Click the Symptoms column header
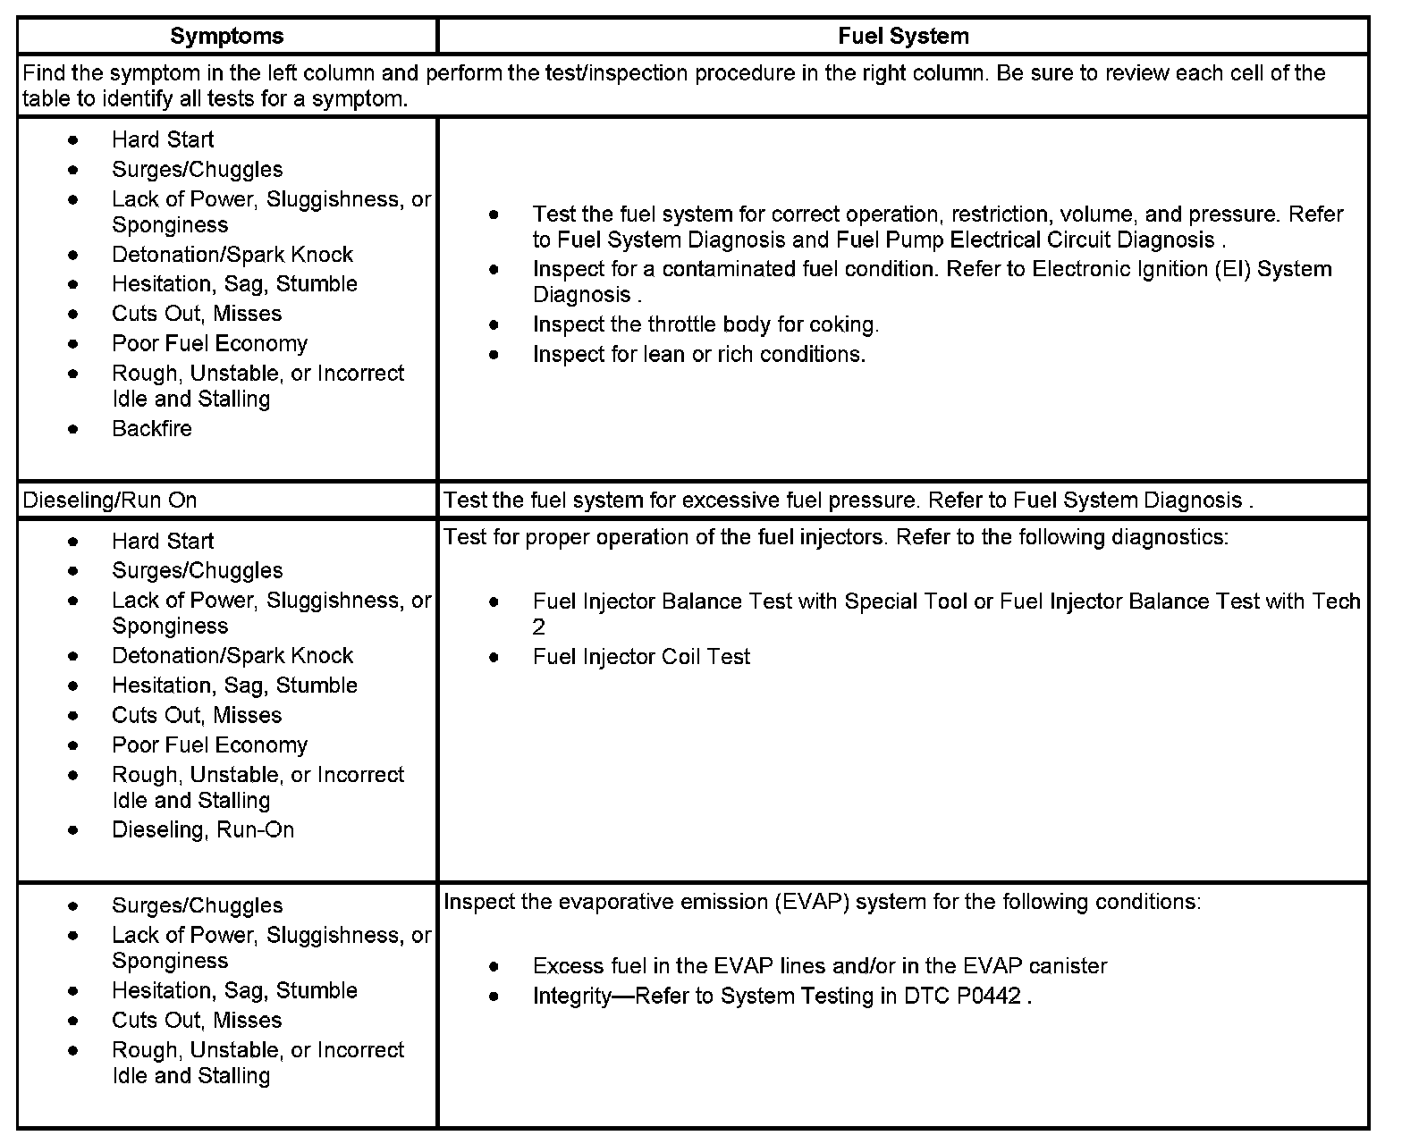(226, 36)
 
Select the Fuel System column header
(903, 36)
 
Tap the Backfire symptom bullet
(152, 429)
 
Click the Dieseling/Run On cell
(110, 500)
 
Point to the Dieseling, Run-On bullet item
(203, 830)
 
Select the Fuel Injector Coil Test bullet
(641, 657)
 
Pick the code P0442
(988, 997)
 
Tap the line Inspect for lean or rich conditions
(698, 355)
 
